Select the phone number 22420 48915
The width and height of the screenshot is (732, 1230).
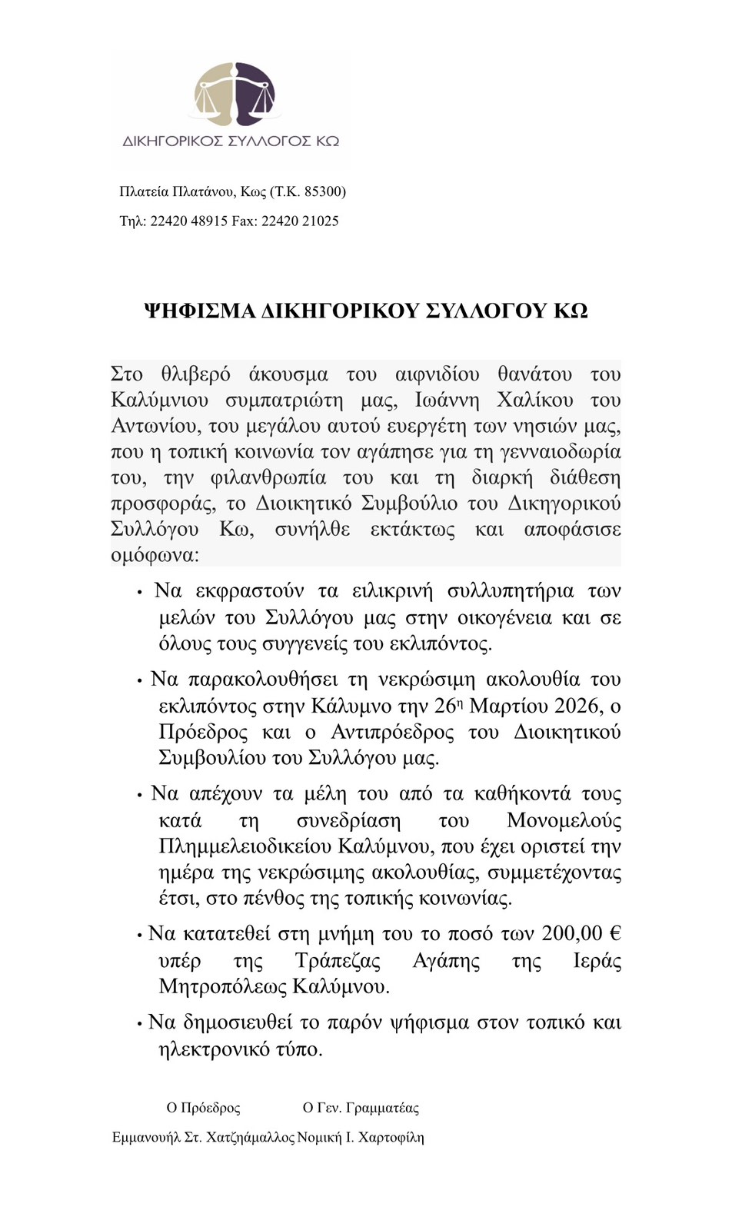pos(188,221)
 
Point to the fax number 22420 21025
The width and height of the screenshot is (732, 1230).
pos(300,221)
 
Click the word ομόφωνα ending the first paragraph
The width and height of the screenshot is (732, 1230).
pos(154,555)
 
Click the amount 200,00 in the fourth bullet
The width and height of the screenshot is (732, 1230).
pos(571,934)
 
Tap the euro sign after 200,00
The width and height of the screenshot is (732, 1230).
pos(614,934)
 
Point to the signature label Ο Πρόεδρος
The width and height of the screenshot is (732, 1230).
pos(203,1108)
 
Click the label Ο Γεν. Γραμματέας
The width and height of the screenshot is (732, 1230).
pos(361,1108)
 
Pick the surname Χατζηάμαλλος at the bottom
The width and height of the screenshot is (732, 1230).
pos(251,1137)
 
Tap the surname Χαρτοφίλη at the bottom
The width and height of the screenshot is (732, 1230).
pos(391,1137)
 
